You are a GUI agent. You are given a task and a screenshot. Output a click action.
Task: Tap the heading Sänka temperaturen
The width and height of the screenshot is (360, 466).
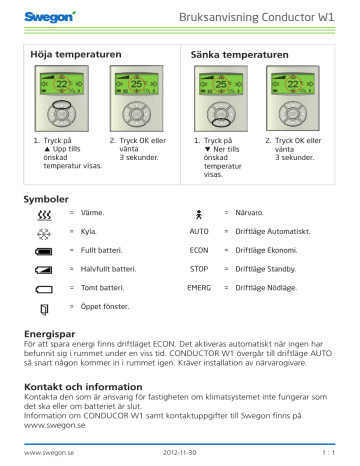pyautogui.click(x=231, y=48)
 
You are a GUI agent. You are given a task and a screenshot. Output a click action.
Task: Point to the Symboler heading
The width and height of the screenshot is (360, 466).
pyautogui.click(x=46, y=199)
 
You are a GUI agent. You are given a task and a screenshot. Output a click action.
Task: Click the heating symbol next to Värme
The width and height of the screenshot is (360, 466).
pyautogui.click(x=41, y=215)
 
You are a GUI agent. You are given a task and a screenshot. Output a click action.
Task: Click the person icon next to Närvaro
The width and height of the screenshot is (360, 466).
pyautogui.click(x=201, y=215)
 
